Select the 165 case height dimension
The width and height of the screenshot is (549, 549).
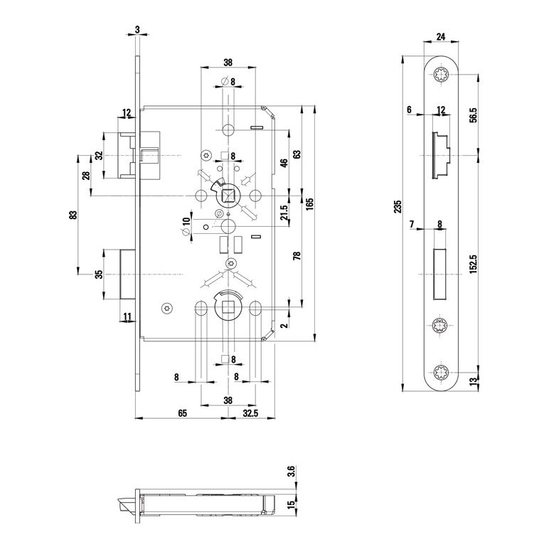[311, 205]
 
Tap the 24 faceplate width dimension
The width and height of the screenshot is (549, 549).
[441, 37]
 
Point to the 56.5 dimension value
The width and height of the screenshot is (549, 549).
[474, 114]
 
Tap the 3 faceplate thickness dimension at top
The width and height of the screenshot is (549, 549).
[137, 30]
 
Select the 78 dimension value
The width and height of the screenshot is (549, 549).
[297, 256]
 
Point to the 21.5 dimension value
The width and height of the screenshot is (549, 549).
[284, 212]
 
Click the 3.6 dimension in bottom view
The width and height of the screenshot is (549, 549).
[291, 471]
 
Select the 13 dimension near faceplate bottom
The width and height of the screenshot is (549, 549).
[474, 381]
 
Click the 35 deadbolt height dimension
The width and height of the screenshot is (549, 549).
[99, 273]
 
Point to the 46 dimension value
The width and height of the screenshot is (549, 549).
[284, 164]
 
